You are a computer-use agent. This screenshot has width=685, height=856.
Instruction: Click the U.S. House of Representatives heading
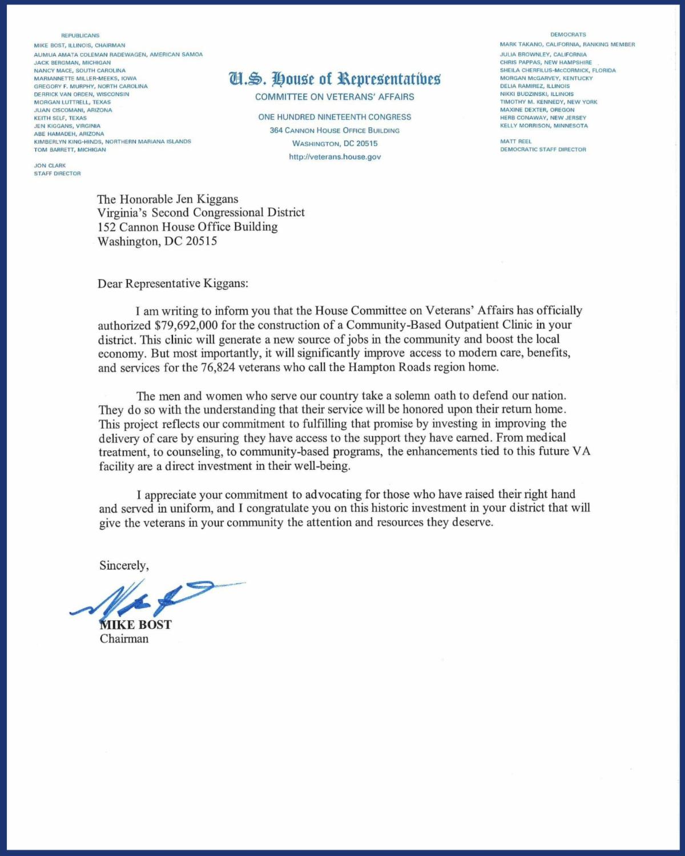(x=335, y=78)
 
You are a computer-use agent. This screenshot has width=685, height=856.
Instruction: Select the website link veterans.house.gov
(x=335, y=156)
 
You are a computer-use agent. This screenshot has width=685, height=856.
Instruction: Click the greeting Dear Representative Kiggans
(x=173, y=284)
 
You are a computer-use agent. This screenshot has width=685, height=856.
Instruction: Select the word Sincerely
(x=124, y=566)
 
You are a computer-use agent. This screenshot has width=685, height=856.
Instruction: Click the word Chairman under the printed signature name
(x=124, y=639)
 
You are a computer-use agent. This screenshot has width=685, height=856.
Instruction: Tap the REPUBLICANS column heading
(x=80, y=35)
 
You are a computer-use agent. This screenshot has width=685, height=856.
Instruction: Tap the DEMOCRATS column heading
(x=568, y=34)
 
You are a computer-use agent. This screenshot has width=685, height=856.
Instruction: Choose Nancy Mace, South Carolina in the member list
(x=79, y=71)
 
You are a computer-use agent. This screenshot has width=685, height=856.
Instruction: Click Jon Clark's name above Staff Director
(x=50, y=165)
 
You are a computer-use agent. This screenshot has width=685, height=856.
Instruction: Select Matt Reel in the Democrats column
(x=515, y=142)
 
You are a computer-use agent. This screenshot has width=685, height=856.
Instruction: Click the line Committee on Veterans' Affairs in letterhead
(x=335, y=97)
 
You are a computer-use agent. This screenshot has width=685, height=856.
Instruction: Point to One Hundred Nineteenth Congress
(x=335, y=117)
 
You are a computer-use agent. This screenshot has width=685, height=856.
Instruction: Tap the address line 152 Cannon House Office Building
(x=187, y=227)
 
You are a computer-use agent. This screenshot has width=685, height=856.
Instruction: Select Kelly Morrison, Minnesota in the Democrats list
(x=543, y=126)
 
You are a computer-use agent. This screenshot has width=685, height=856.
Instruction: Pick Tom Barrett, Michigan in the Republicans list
(x=70, y=150)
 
